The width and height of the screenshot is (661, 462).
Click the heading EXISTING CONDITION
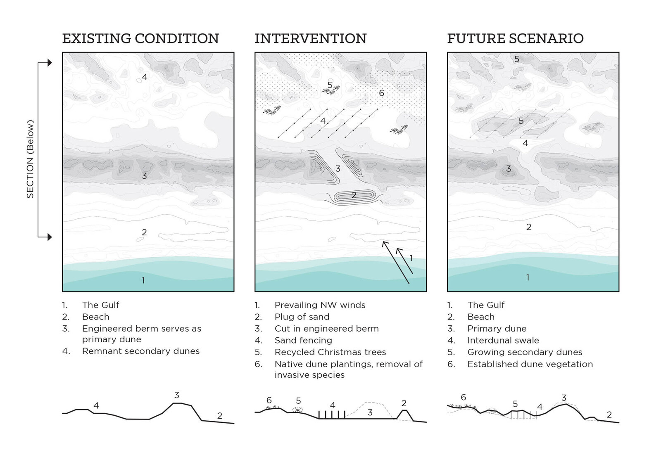[x=140, y=39]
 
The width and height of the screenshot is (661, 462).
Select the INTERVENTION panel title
[x=310, y=39]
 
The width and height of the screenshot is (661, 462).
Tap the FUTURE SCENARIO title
[x=515, y=39]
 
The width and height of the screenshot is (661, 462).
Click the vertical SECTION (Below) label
[x=30, y=159]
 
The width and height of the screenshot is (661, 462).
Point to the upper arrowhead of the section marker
[x=50, y=62]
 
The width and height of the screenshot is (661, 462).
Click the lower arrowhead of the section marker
[x=50, y=237]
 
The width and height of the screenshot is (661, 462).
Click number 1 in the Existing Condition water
[x=143, y=280]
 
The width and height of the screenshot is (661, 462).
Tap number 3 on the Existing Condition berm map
[x=144, y=176]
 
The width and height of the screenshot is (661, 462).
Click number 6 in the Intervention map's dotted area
[x=382, y=93]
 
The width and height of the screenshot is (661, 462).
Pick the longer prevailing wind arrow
[x=396, y=263]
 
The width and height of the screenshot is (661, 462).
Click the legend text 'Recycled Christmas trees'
[x=330, y=352]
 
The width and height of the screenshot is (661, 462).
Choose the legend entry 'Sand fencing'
[x=303, y=340]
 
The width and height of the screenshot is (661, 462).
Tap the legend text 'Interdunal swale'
[x=503, y=340]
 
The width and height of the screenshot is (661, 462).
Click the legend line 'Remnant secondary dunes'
[x=141, y=351]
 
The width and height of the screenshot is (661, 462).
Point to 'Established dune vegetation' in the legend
[x=530, y=364]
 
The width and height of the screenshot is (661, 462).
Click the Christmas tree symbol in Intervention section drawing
[x=298, y=410]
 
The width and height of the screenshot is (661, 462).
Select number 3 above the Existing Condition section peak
[x=177, y=395]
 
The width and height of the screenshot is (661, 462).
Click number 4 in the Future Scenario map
[x=525, y=143]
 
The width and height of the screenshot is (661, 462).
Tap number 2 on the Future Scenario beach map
[x=529, y=227]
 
